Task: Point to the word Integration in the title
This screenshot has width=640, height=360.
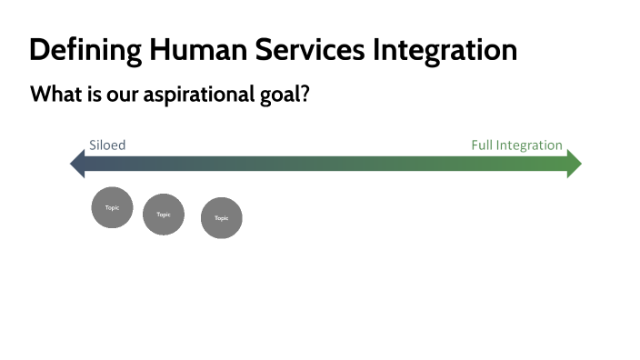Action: (x=445, y=49)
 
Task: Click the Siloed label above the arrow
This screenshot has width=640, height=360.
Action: (x=107, y=145)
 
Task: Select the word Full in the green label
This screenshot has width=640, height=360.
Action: (x=482, y=145)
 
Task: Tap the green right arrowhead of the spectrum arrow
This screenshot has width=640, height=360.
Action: (x=574, y=164)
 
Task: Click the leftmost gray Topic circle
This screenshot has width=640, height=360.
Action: (x=112, y=207)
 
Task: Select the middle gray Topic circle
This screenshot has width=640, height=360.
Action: (x=164, y=215)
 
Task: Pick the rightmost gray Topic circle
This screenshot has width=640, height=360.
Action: (x=221, y=218)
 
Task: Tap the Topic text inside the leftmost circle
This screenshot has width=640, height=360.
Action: (x=112, y=208)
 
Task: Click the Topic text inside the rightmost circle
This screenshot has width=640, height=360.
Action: (x=221, y=218)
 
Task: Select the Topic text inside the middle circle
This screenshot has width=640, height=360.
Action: (x=164, y=215)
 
